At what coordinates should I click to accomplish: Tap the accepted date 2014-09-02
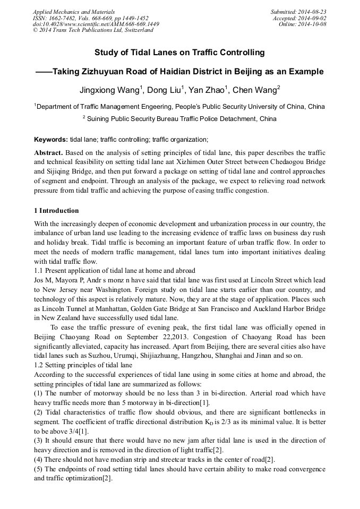pos(312,18)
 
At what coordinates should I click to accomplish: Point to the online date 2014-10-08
pos(312,24)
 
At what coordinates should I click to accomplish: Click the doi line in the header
pos(96,24)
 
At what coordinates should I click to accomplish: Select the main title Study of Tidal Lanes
pos(179,53)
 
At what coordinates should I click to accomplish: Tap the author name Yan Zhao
pos(209,89)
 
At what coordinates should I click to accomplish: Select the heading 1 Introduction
pos(56,211)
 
